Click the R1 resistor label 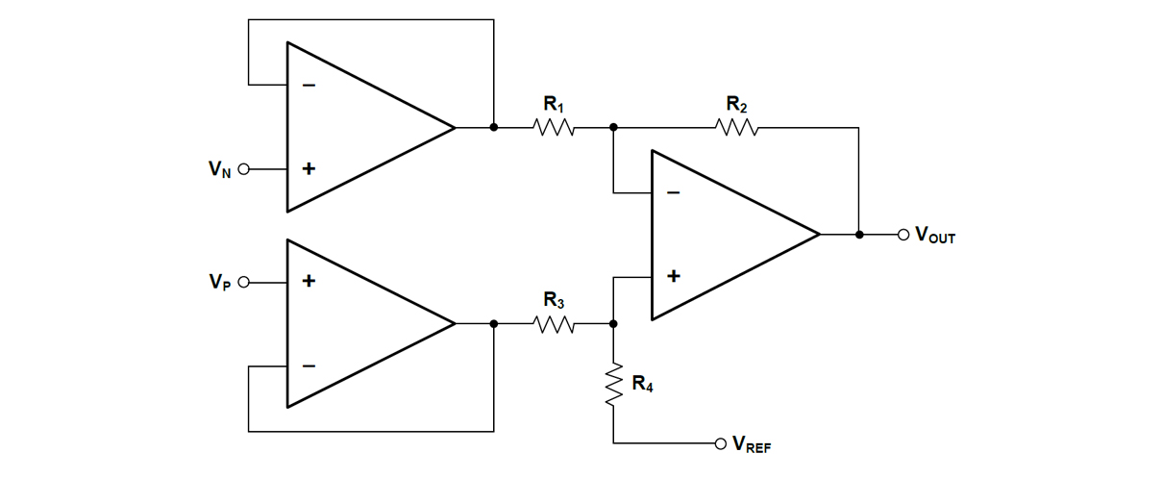click(x=553, y=104)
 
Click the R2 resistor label click(x=736, y=104)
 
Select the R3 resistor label click(x=554, y=302)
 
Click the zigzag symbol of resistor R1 click(x=553, y=127)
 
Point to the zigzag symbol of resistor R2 click(x=736, y=127)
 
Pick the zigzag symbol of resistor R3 click(x=554, y=325)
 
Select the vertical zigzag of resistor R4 click(x=613, y=385)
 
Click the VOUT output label click(x=935, y=235)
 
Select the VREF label click(x=752, y=444)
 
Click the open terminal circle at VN click(x=243, y=169)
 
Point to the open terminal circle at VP click(x=243, y=282)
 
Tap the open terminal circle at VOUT click(x=902, y=234)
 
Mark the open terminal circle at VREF click(x=720, y=443)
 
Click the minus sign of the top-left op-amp click(x=309, y=85)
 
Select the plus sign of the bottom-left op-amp click(x=309, y=282)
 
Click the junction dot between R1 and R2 click(x=613, y=127)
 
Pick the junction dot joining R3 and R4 click(x=613, y=325)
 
